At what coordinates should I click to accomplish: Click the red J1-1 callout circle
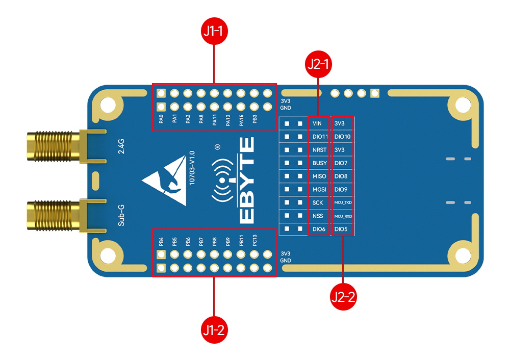click(x=214, y=32)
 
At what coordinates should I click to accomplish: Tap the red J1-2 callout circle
click(x=214, y=330)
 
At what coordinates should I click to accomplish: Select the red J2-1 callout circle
click(x=318, y=65)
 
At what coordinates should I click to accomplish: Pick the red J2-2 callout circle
click(x=343, y=296)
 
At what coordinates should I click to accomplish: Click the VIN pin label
click(x=317, y=124)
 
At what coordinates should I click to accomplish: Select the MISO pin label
click(x=319, y=176)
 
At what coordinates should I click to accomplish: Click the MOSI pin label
click(x=319, y=190)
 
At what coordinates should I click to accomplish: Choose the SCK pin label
click(x=317, y=203)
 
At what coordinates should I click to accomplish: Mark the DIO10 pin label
click(x=342, y=137)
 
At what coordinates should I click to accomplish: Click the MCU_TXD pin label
click(x=343, y=203)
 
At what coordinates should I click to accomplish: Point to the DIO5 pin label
click(x=341, y=229)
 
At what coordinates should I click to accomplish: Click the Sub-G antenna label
click(x=121, y=215)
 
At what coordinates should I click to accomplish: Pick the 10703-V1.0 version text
click(x=192, y=168)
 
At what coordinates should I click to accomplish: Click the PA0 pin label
click(x=161, y=119)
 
